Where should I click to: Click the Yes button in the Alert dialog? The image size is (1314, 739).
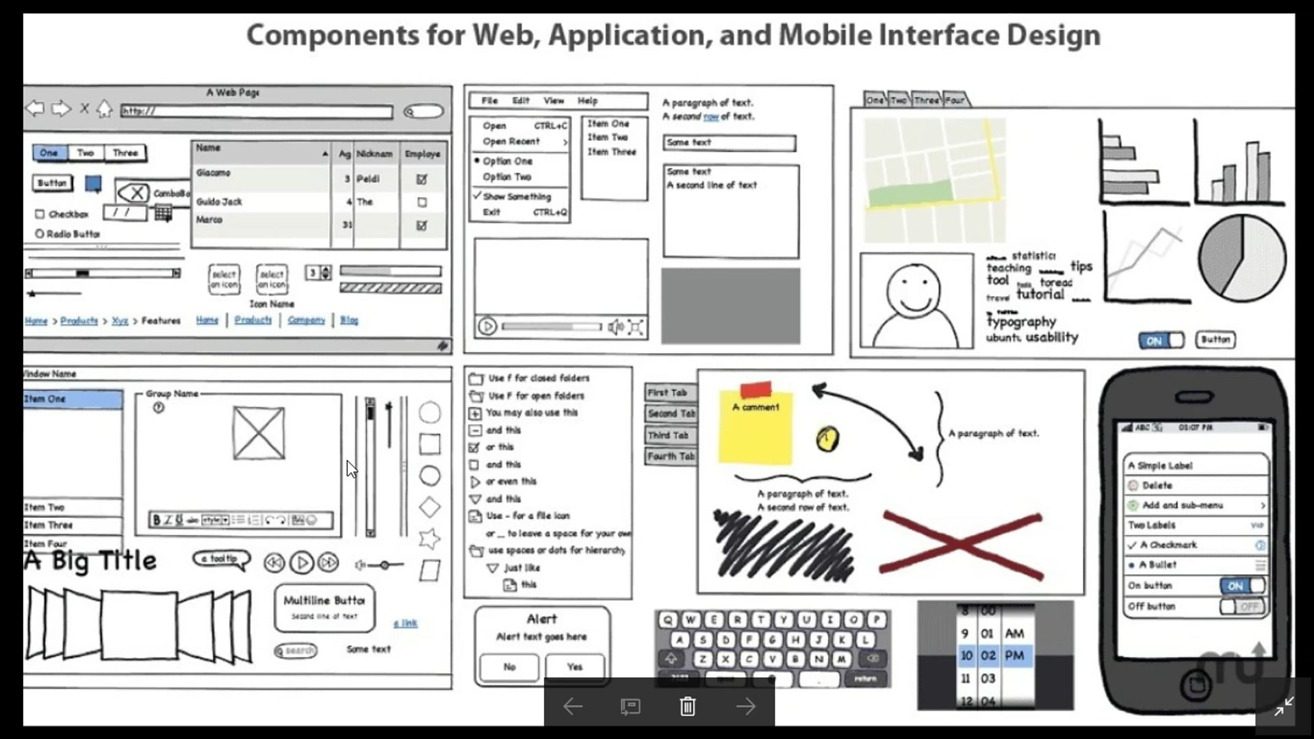click(x=575, y=667)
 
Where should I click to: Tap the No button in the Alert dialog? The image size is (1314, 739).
click(x=509, y=667)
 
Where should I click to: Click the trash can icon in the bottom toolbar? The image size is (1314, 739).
click(x=688, y=706)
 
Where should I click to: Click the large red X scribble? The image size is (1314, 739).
click(x=961, y=545)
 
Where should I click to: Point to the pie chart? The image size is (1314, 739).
click(x=1241, y=258)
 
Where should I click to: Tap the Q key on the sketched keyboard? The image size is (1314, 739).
click(x=668, y=620)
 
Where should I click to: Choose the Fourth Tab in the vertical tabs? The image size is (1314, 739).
click(x=671, y=456)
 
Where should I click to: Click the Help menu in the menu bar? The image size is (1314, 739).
click(x=587, y=101)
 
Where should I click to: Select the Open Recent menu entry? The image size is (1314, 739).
click(x=511, y=142)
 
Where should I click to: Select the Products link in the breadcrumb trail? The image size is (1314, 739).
click(x=79, y=321)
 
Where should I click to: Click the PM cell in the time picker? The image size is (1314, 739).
click(x=1014, y=656)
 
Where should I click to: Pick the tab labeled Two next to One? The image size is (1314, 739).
click(x=86, y=153)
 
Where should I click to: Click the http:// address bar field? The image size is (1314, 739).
click(x=257, y=111)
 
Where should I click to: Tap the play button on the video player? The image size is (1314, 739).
click(x=487, y=326)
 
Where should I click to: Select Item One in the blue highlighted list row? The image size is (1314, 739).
click(x=72, y=399)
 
